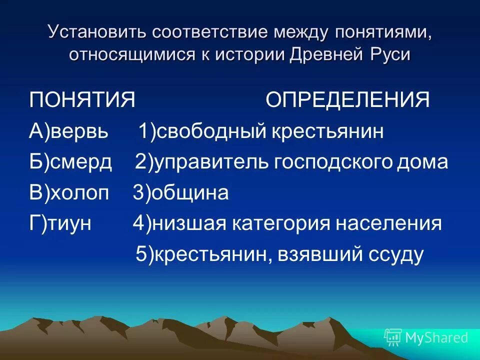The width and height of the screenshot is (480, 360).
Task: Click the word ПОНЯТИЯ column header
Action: point(82,100)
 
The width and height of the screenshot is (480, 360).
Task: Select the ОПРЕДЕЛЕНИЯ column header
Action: point(347,100)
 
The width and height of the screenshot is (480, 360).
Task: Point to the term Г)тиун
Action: point(60,223)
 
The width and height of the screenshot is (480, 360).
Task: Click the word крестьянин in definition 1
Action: point(328,131)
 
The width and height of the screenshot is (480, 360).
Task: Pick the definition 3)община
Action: point(180,193)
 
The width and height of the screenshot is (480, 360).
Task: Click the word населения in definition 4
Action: point(390,223)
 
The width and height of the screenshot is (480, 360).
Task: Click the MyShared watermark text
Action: point(436,337)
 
